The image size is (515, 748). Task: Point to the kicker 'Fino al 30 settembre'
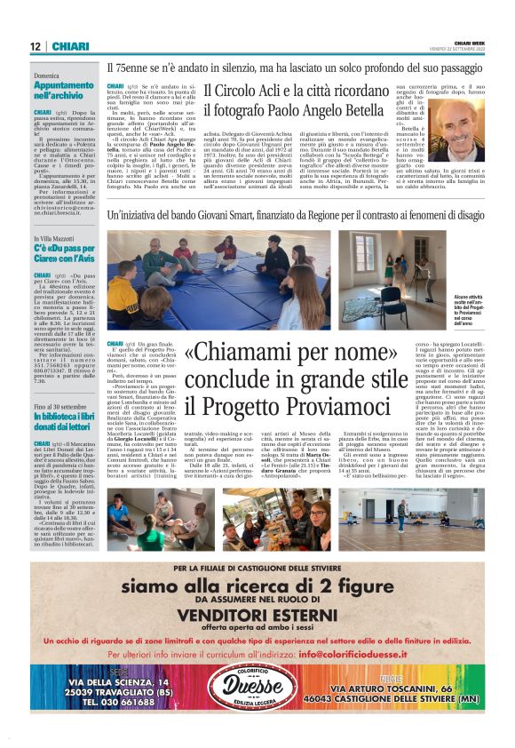click(x=60, y=381)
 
